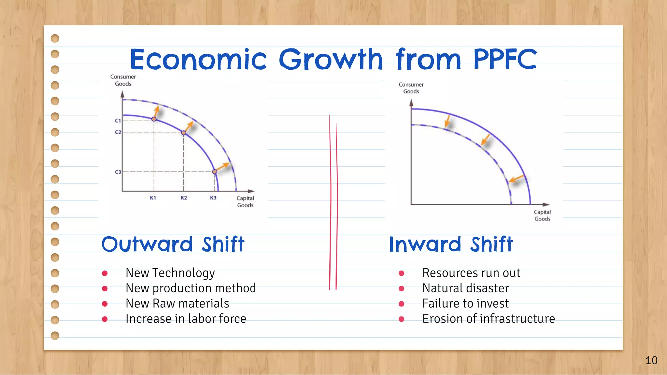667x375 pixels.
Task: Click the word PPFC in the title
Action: pos(504,59)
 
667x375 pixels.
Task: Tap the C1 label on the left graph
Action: pos(118,120)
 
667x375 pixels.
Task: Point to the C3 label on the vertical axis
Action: pos(118,172)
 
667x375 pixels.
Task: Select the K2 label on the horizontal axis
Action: pos(184,198)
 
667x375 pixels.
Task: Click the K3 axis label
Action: pos(213,198)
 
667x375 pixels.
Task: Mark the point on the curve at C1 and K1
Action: pos(154,119)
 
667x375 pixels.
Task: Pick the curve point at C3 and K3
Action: pos(215,172)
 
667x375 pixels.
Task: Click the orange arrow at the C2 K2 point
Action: pos(189,126)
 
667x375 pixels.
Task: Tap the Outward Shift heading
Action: pos(173,244)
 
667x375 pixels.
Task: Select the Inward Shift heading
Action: pos(451,244)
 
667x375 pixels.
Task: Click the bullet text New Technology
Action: pos(170,273)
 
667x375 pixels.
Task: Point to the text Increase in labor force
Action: pos(186,319)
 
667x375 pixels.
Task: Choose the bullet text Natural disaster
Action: pos(465,288)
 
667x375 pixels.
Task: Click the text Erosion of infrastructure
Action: pos(488,319)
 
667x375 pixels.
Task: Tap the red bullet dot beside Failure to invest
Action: pos(402,304)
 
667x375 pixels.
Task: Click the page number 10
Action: pos(651,360)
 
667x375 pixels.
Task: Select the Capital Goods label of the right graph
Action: pos(542,215)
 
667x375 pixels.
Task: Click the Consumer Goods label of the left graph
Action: pos(123,80)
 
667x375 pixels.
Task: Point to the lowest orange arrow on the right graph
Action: pos(516,178)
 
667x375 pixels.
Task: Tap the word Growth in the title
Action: pos(331,59)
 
